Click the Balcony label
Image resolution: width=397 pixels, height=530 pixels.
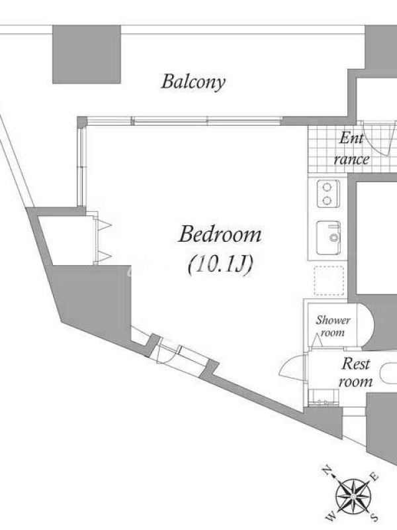[193, 82]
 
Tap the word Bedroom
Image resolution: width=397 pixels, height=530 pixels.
[220, 235]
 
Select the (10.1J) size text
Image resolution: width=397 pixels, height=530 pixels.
[220, 264]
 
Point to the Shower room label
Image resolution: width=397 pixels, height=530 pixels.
[333, 326]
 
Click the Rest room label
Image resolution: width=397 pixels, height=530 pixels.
[355, 373]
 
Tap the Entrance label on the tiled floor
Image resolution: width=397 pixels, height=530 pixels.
[351, 148]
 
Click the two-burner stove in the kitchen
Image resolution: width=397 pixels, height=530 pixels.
[328, 193]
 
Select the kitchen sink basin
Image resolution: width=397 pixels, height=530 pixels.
[328, 237]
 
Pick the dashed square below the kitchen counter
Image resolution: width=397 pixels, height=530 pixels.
[329, 280]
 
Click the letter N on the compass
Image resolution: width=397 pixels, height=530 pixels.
[327, 470]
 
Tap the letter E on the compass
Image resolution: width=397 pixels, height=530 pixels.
[374, 477]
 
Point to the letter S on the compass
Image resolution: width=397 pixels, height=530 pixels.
[374, 517]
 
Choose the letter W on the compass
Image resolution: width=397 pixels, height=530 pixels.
[331, 517]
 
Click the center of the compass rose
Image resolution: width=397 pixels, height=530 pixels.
[353, 496]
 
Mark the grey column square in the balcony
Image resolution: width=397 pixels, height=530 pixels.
[87, 54]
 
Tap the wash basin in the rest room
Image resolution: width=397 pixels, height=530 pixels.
[324, 397]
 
